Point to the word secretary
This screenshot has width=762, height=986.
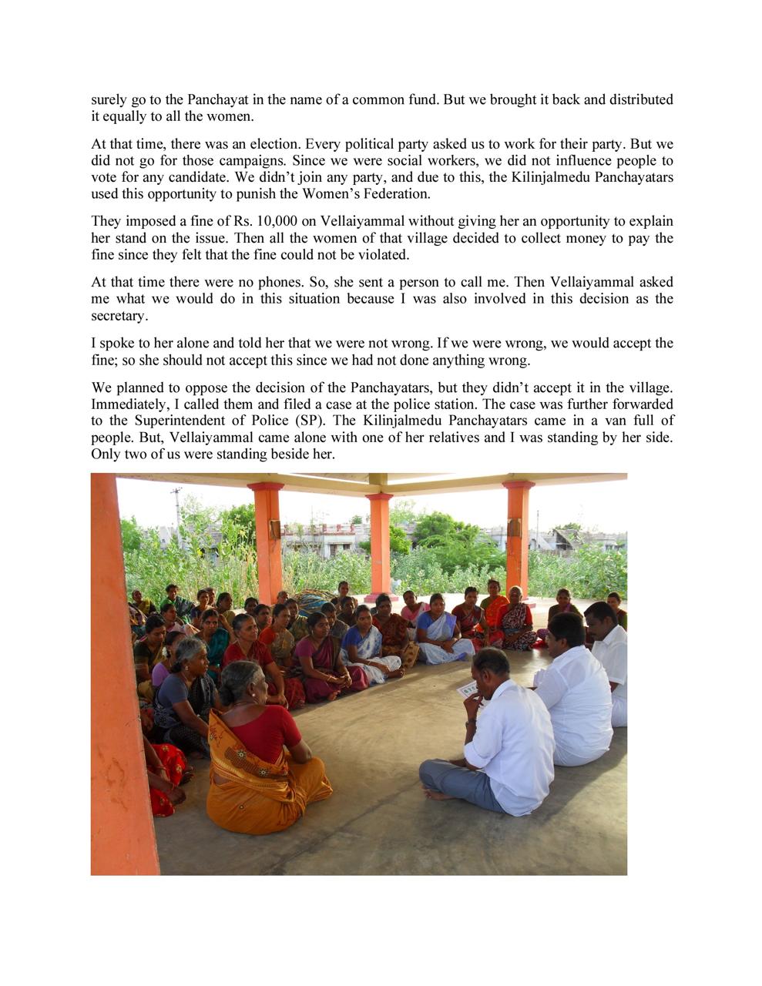click(x=118, y=316)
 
